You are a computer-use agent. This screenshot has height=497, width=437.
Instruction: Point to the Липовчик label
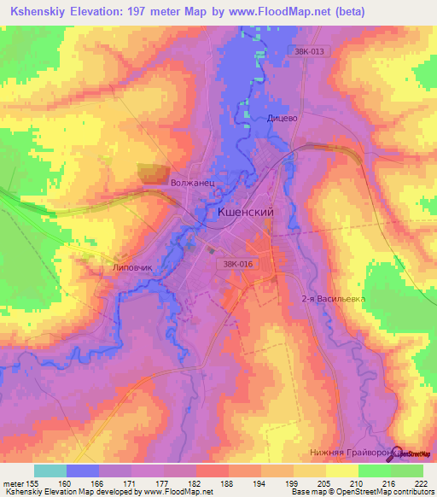tap(132, 267)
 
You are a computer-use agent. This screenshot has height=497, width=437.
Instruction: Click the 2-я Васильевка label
tap(333, 299)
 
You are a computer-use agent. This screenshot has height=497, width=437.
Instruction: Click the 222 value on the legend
tap(420, 482)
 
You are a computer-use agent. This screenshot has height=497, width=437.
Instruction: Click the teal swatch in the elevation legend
tap(50, 471)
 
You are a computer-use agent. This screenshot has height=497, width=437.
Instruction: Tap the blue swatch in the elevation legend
tap(83, 471)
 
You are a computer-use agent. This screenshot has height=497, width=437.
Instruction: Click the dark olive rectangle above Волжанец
tap(155, 172)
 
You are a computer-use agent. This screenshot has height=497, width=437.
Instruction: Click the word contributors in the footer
tap(411, 492)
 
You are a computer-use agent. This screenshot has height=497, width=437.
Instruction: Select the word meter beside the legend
tap(15, 482)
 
